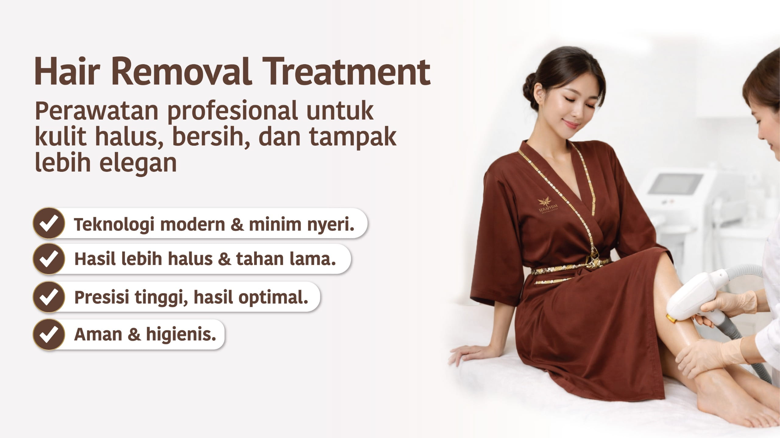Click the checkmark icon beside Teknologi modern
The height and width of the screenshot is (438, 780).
click(49, 223)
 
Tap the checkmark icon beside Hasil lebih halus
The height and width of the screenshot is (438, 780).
click(49, 259)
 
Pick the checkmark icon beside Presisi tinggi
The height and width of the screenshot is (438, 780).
click(49, 297)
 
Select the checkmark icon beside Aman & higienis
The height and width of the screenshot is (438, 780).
click(49, 335)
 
